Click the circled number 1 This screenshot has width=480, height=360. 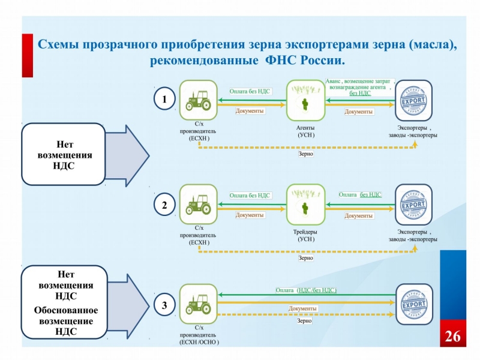point(164,98)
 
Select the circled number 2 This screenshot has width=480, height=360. point(164,205)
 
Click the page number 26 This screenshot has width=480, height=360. point(452,337)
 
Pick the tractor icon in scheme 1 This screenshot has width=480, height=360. point(197,100)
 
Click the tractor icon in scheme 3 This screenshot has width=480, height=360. point(197,304)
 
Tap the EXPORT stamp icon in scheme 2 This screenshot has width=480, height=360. point(413,205)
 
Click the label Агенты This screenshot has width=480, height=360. point(306,128)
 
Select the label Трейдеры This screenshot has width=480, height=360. point(306,232)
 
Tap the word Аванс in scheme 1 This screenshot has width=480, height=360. point(334,80)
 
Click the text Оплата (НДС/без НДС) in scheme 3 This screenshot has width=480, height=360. point(306,290)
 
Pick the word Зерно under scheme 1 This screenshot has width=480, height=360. point(306,154)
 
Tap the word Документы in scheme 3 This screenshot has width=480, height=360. point(302,308)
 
